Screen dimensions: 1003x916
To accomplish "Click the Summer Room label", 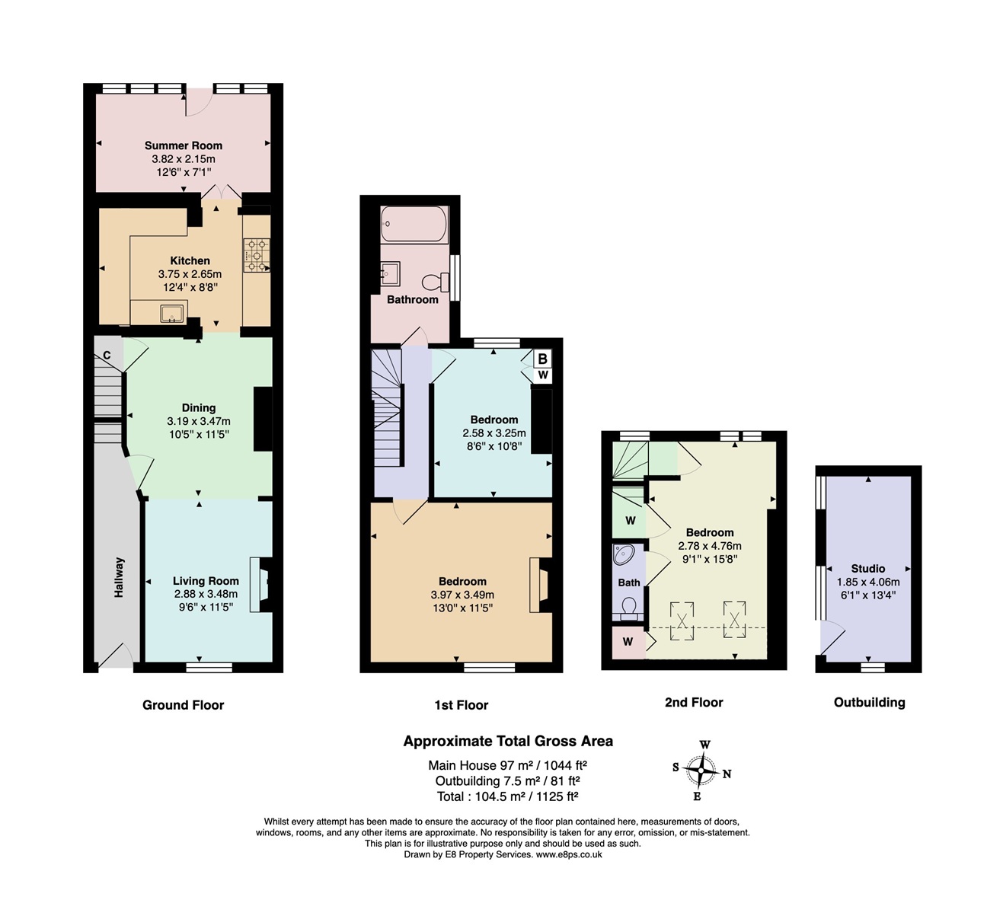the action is point(184,145).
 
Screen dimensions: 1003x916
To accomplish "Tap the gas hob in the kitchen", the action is point(257,255).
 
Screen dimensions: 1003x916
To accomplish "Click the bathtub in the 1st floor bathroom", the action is point(414,225).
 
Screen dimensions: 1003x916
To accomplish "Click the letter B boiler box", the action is point(543,359).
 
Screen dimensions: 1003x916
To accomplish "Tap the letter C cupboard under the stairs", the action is point(107,356).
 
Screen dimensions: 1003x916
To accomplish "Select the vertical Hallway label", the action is point(119,577).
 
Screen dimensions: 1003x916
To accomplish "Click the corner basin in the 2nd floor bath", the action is point(623,555).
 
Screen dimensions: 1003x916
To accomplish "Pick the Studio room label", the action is point(868,569).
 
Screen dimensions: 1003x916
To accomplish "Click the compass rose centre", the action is point(701,771).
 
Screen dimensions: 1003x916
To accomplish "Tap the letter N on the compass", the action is point(727,774).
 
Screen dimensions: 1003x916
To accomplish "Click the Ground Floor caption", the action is point(183,705).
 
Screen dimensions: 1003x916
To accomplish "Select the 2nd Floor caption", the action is point(694,703).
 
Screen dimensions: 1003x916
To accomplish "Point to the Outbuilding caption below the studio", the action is point(870,703).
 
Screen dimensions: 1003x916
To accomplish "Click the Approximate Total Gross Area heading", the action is point(508,741).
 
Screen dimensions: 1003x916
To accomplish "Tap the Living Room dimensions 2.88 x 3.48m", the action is point(206,594).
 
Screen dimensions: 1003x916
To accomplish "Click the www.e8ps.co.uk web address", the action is point(569,854).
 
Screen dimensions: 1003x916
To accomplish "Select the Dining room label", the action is point(199,408).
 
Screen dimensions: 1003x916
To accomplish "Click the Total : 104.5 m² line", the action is point(507,796).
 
